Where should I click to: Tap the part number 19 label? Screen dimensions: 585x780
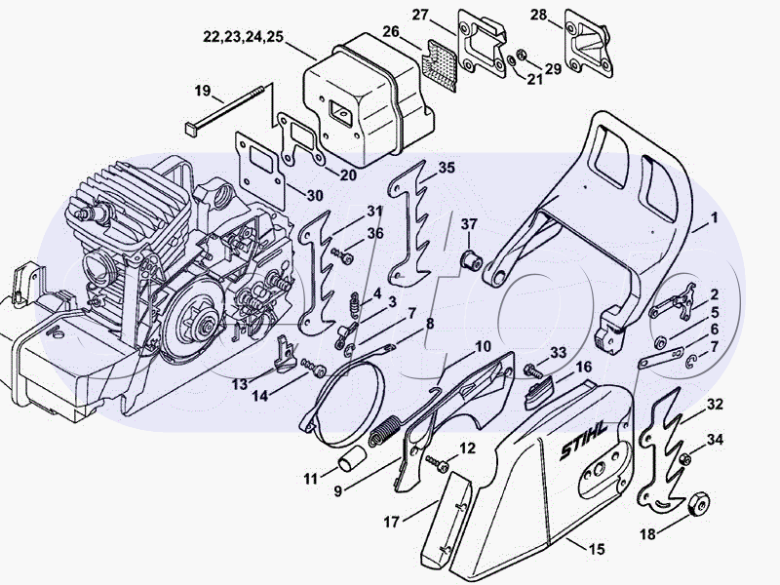(203, 91)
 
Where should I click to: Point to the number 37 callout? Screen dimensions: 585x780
(469, 224)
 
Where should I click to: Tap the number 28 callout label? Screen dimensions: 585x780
(565, 15)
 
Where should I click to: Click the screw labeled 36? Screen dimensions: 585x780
(341, 253)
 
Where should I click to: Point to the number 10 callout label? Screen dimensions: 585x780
(484, 346)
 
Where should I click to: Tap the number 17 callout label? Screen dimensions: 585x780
(391, 522)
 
